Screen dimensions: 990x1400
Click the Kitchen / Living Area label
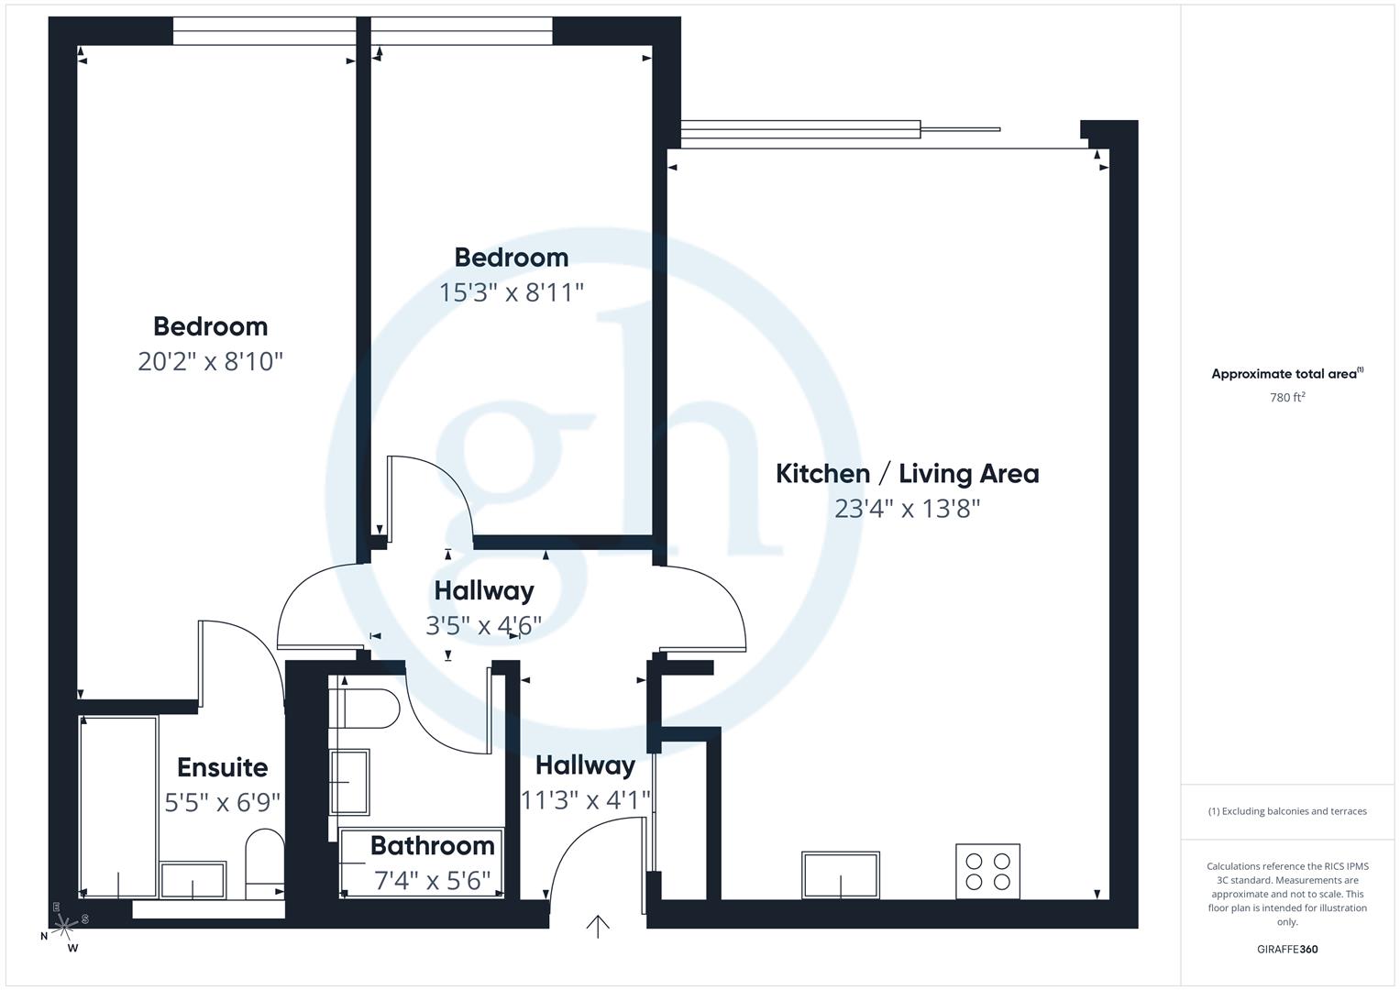[907, 474]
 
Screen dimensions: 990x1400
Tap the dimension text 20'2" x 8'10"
[210, 361]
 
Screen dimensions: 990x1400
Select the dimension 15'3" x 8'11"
[511, 292]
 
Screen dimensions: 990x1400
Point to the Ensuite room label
[222, 767]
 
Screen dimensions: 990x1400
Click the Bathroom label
[432, 845]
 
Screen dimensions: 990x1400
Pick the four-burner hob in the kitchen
[987, 872]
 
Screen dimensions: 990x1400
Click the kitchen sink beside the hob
[841, 874]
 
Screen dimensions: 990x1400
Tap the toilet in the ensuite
[265, 862]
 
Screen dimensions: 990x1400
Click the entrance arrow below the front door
[598, 927]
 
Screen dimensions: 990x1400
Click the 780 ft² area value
[1287, 398]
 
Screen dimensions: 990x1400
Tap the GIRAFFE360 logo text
[1287, 949]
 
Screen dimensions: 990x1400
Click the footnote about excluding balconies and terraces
[1287, 811]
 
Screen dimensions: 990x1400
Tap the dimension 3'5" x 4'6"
[483, 625]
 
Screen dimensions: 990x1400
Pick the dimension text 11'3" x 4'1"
[585, 800]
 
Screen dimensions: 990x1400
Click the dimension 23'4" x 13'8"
[907, 509]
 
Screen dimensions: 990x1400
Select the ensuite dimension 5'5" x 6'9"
[222, 803]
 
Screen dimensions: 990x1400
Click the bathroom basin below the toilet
[349, 782]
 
